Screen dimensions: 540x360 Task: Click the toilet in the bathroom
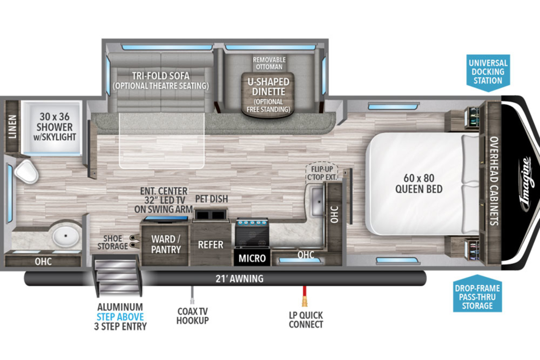click(26, 171)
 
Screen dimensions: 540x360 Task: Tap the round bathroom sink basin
click(66, 236)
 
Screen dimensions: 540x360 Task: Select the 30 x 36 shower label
click(55, 126)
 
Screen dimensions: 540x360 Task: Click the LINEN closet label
click(12, 126)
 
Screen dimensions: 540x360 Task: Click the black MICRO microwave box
click(252, 257)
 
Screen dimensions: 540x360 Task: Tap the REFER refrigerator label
click(211, 244)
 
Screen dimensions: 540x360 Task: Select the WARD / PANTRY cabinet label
click(166, 244)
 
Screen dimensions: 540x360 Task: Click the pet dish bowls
click(211, 215)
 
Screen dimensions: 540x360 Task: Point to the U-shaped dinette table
click(268, 95)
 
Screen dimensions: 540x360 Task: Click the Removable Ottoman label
click(269, 63)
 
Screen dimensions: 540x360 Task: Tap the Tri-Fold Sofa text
click(161, 76)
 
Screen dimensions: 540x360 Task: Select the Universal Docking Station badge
click(488, 72)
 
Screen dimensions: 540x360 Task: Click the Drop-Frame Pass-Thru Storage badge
click(477, 294)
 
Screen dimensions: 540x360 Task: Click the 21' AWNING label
click(239, 279)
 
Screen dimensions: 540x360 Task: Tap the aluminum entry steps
click(117, 275)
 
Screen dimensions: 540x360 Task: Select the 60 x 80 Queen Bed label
click(419, 184)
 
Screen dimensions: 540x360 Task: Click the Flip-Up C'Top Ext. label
click(322, 173)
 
